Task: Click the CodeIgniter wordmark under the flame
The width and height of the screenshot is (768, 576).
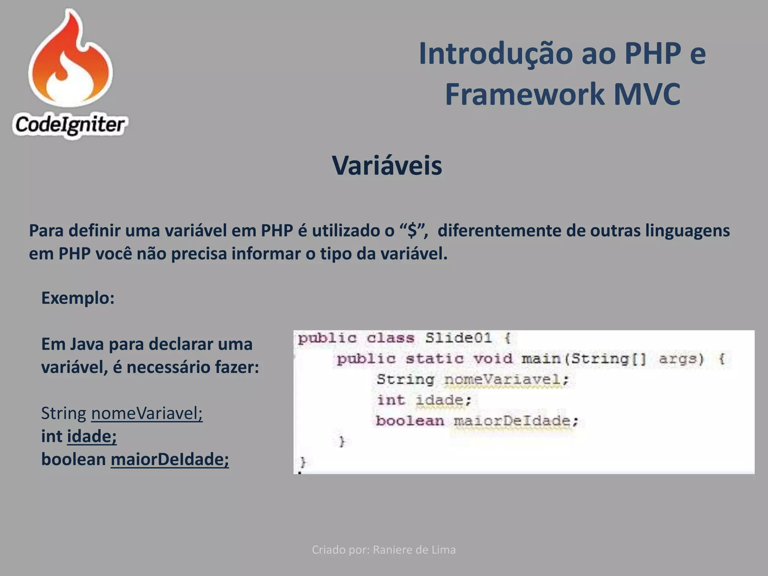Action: [x=70, y=125]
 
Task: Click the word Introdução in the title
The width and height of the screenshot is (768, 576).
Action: [x=495, y=54]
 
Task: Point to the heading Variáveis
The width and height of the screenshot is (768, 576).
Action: [x=387, y=165]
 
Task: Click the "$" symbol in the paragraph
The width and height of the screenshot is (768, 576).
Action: [x=412, y=230]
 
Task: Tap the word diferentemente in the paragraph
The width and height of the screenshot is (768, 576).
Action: [x=499, y=231]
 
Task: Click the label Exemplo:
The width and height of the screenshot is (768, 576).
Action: [x=78, y=298]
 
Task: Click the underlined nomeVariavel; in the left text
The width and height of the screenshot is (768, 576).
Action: [x=147, y=413]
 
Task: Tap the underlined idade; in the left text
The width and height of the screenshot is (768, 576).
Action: [x=92, y=436]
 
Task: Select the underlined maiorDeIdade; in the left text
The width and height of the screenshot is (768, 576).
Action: [x=169, y=459]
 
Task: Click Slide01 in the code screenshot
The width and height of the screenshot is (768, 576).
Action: [x=458, y=338]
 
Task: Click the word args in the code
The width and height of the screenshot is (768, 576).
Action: [x=680, y=359]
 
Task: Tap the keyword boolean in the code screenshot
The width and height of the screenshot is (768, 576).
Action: [x=410, y=421]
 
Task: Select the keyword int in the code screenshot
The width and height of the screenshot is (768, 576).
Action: [x=391, y=400]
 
